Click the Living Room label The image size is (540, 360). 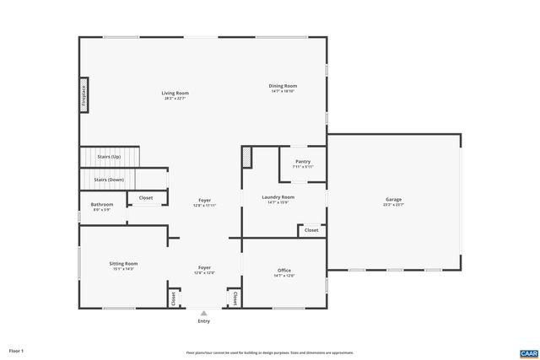pyautogui.click(x=175, y=93)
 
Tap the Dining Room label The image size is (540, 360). pyautogui.click(x=283, y=85)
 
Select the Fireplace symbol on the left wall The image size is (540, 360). pyautogui.click(x=84, y=94)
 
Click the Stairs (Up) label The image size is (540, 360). pyautogui.click(x=109, y=157)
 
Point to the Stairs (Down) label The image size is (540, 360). pyautogui.click(x=109, y=180)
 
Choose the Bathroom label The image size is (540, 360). pyautogui.click(x=101, y=204)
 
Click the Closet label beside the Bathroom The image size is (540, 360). pyautogui.click(x=145, y=199)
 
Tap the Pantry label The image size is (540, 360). pyautogui.click(x=303, y=162)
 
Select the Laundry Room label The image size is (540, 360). pyautogui.click(x=278, y=197)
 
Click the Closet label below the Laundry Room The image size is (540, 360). pyautogui.click(x=311, y=229)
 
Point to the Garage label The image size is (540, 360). pyautogui.click(x=394, y=200)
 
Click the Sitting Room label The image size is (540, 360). pyautogui.click(x=123, y=264)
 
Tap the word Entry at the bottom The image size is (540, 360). pyautogui.click(x=203, y=321)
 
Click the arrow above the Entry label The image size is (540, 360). pyautogui.click(x=203, y=313)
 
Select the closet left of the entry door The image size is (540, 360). pyautogui.click(x=175, y=298)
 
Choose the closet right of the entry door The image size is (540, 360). pyautogui.click(x=234, y=298)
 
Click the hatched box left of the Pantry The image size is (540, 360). pyautogui.click(x=246, y=156)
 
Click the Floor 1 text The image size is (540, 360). pyautogui.click(x=16, y=350)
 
